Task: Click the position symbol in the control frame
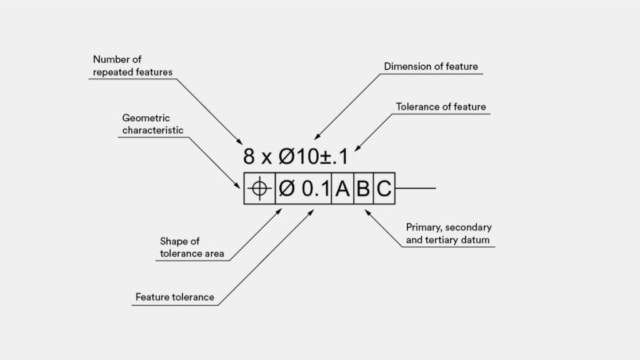259,189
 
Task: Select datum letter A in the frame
342,189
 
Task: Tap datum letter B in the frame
363,189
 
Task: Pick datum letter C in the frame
384,189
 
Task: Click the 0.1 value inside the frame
316,189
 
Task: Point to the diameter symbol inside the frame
286,189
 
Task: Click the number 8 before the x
249,156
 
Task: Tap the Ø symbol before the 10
286,156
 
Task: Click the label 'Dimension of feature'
431,66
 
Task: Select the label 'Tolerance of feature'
441,107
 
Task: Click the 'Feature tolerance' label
175,297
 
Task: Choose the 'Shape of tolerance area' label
192,247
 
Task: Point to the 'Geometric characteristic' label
152,124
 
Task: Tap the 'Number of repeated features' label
132,66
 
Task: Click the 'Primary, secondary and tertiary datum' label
449,234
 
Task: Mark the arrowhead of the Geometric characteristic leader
237,185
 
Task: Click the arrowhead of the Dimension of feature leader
317,137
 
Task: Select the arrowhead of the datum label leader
367,212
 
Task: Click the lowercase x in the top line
266,158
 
